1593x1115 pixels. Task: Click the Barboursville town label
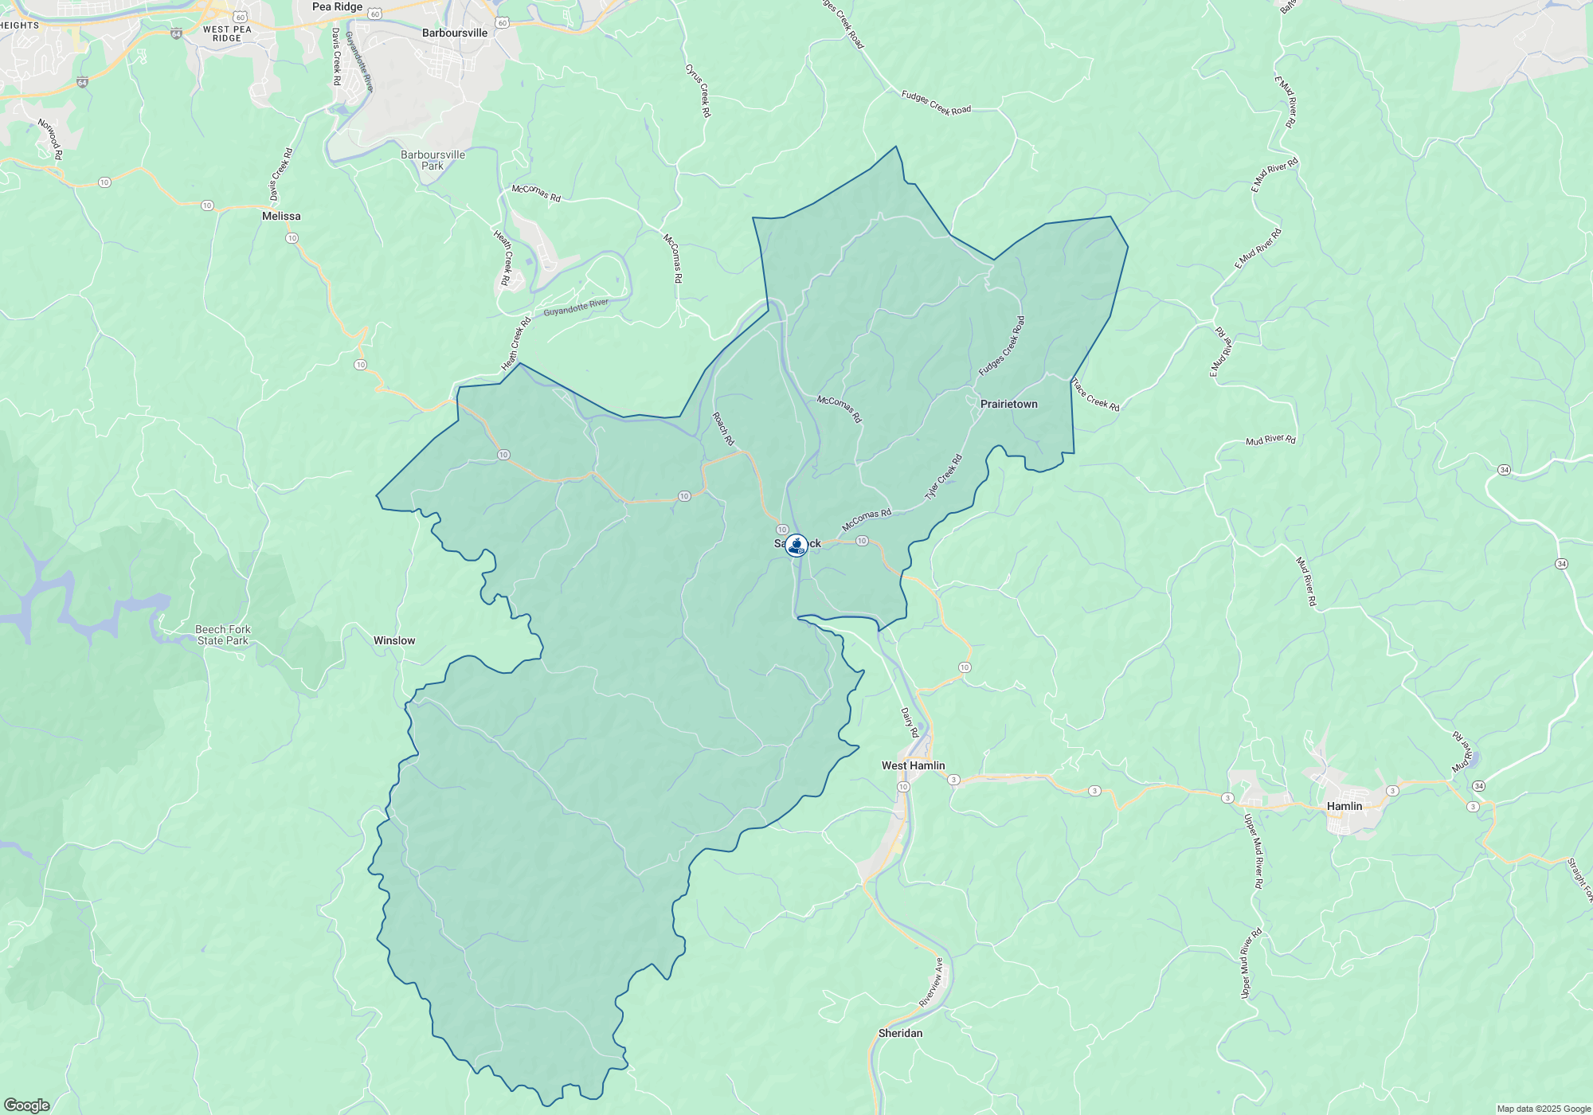[454, 33]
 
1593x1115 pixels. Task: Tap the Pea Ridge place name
[337, 7]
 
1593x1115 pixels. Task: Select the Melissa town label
[281, 216]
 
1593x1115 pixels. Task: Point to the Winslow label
[394, 640]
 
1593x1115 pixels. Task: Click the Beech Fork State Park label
[223, 635]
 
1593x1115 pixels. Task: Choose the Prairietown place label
[1008, 404]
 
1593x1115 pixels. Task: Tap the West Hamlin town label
[913, 765]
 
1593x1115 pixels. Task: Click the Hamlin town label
[1344, 806]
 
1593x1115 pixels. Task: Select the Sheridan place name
[900, 1033]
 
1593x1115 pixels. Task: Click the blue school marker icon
[796, 545]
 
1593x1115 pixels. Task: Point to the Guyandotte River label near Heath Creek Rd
[576, 307]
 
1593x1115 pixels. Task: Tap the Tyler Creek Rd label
[944, 477]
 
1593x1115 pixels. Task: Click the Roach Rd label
[723, 428]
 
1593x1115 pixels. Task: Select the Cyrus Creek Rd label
[699, 91]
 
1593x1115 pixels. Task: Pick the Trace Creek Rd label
[1095, 395]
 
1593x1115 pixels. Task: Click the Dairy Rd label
[910, 722]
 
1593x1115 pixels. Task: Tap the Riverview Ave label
[931, 983]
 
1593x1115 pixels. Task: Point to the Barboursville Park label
[432, 160]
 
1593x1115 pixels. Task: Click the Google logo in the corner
[26, 1105]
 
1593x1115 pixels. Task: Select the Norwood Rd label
[50, 139]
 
